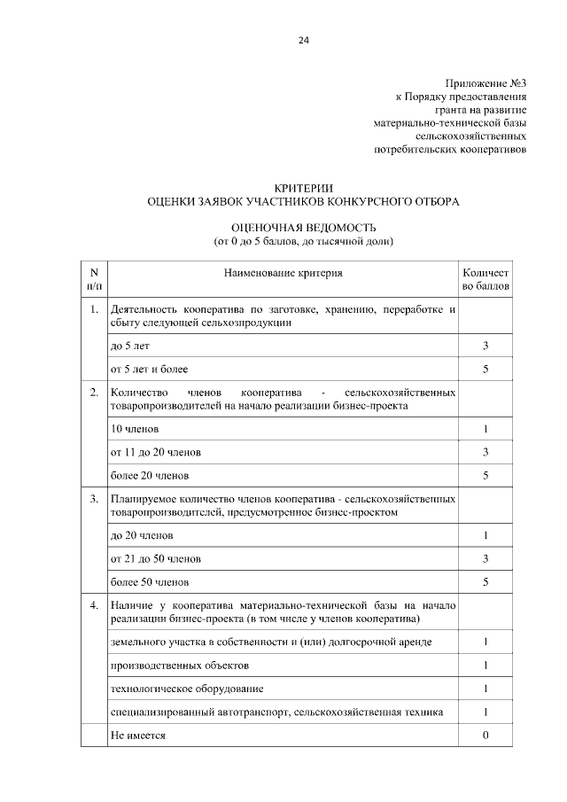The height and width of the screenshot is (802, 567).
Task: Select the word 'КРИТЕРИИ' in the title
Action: click(x=303, y=188)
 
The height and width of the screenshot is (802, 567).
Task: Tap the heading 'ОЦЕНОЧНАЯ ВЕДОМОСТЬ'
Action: click(x=303, y=227)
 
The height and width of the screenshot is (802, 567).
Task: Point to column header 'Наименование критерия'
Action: click(x=283, y=273)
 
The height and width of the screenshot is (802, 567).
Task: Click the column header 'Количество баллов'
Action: click(x=485, y=280)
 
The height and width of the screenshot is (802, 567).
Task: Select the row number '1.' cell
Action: click(x=94, y=310)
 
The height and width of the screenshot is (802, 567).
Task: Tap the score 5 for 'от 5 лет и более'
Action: click(x=485, y=369)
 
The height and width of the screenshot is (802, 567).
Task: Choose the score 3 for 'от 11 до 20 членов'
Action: click(x=485, y=452)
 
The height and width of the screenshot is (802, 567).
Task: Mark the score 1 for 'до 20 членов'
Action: click(x=485, y=535)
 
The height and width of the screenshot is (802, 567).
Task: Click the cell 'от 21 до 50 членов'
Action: click(x=155, y=559)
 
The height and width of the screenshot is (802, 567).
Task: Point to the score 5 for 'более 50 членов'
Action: click(x=485, y=582)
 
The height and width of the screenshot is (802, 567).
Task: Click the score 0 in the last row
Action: click(x=485, y=736)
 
